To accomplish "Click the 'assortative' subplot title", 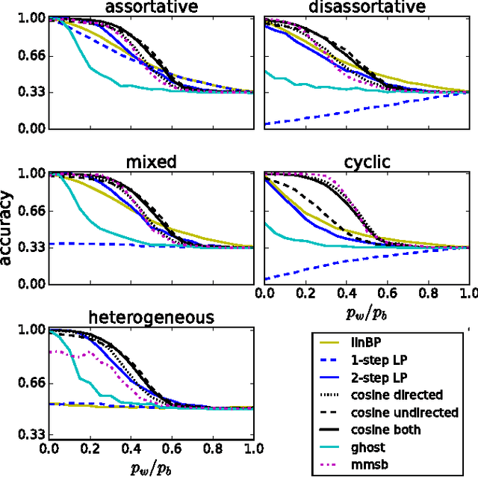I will pos(152,8).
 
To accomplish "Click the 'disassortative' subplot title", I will pos(366,8).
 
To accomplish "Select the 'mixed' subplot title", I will pos(152,162).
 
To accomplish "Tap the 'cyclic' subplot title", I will pos(366,162).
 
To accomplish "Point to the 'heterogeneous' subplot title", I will pos(152,317).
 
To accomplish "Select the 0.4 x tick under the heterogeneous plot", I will pos(131,449).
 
